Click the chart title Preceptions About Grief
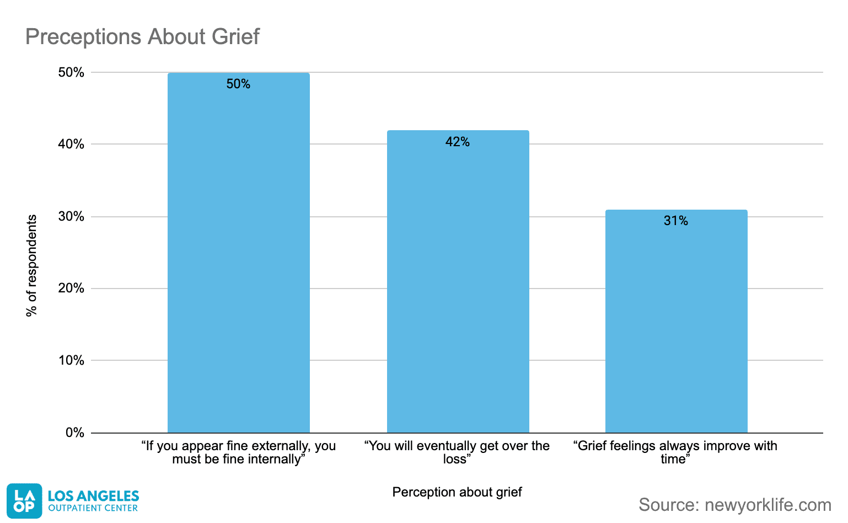tap(142, 37)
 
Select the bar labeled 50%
tap(238, 254)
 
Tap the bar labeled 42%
tap(458, 281)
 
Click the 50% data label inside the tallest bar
tap(238, 84)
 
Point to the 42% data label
tap(458, 142)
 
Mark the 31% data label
tap(676, 221)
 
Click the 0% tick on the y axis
tap(75, 433)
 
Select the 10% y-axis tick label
tap(72, 360)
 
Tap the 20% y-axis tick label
tap(72, 288)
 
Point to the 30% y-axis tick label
tap(72, 216)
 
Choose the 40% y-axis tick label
tap(72, 144)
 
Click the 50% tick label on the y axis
tap(72, 72)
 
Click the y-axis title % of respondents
tap(32, 265)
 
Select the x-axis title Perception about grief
tap(457, 492)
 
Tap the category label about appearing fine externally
tap(238, 452)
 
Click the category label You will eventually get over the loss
tap(457, 452)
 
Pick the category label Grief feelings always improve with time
tap(675, 452)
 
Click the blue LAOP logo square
tap(24, 501)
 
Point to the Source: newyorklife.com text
tap(734, 504)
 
